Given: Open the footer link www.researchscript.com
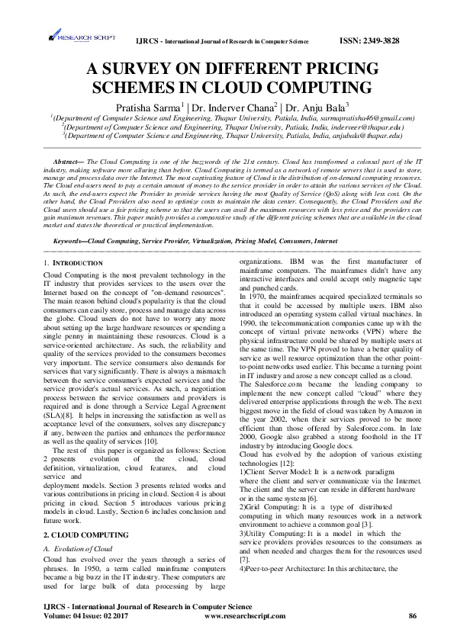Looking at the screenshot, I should (246, 615).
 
